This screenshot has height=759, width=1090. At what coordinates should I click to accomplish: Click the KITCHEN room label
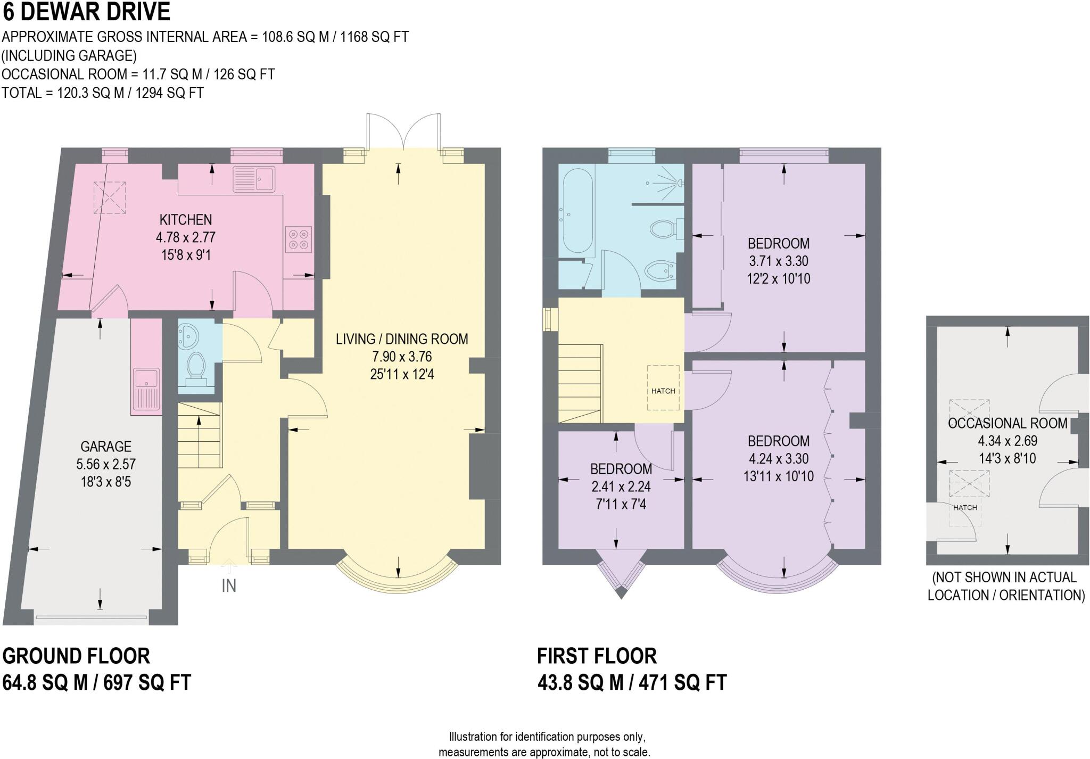pyautogui.click(x=186, y=219)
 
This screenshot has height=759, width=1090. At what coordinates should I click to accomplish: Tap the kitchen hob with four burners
pyautogui.click(x=298, y=239)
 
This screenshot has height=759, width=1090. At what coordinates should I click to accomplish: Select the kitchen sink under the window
pyautogui.click(x=254, y=179)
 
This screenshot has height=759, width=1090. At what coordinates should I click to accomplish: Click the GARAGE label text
pyautogui.click(x=106, y=446)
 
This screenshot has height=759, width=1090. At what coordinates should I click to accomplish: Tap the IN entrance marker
pyautogui.click(x=229, y=585)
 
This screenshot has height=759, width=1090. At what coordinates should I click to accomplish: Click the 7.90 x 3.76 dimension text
pyautogui.click(x=402, y=357)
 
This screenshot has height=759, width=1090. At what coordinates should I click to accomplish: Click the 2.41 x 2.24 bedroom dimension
pyautogui.click(x=621, y=486)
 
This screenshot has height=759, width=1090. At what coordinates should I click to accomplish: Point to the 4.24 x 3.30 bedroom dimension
pyautogui.click(x=778, y=458)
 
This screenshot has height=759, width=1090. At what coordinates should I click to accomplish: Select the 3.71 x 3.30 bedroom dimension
pyautogui.click(x=778, y=261)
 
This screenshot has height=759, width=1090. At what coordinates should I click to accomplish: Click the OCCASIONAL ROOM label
pyautogui.click(x=1008, y=423)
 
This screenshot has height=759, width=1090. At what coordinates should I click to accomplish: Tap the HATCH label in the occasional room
pyautogui.click(x=965, y=507)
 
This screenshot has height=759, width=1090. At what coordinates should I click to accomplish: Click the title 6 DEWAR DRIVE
pyautogui.click(x=86, y=12)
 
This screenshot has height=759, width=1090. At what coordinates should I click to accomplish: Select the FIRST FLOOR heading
pyautogui.click(x=597, y=656)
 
